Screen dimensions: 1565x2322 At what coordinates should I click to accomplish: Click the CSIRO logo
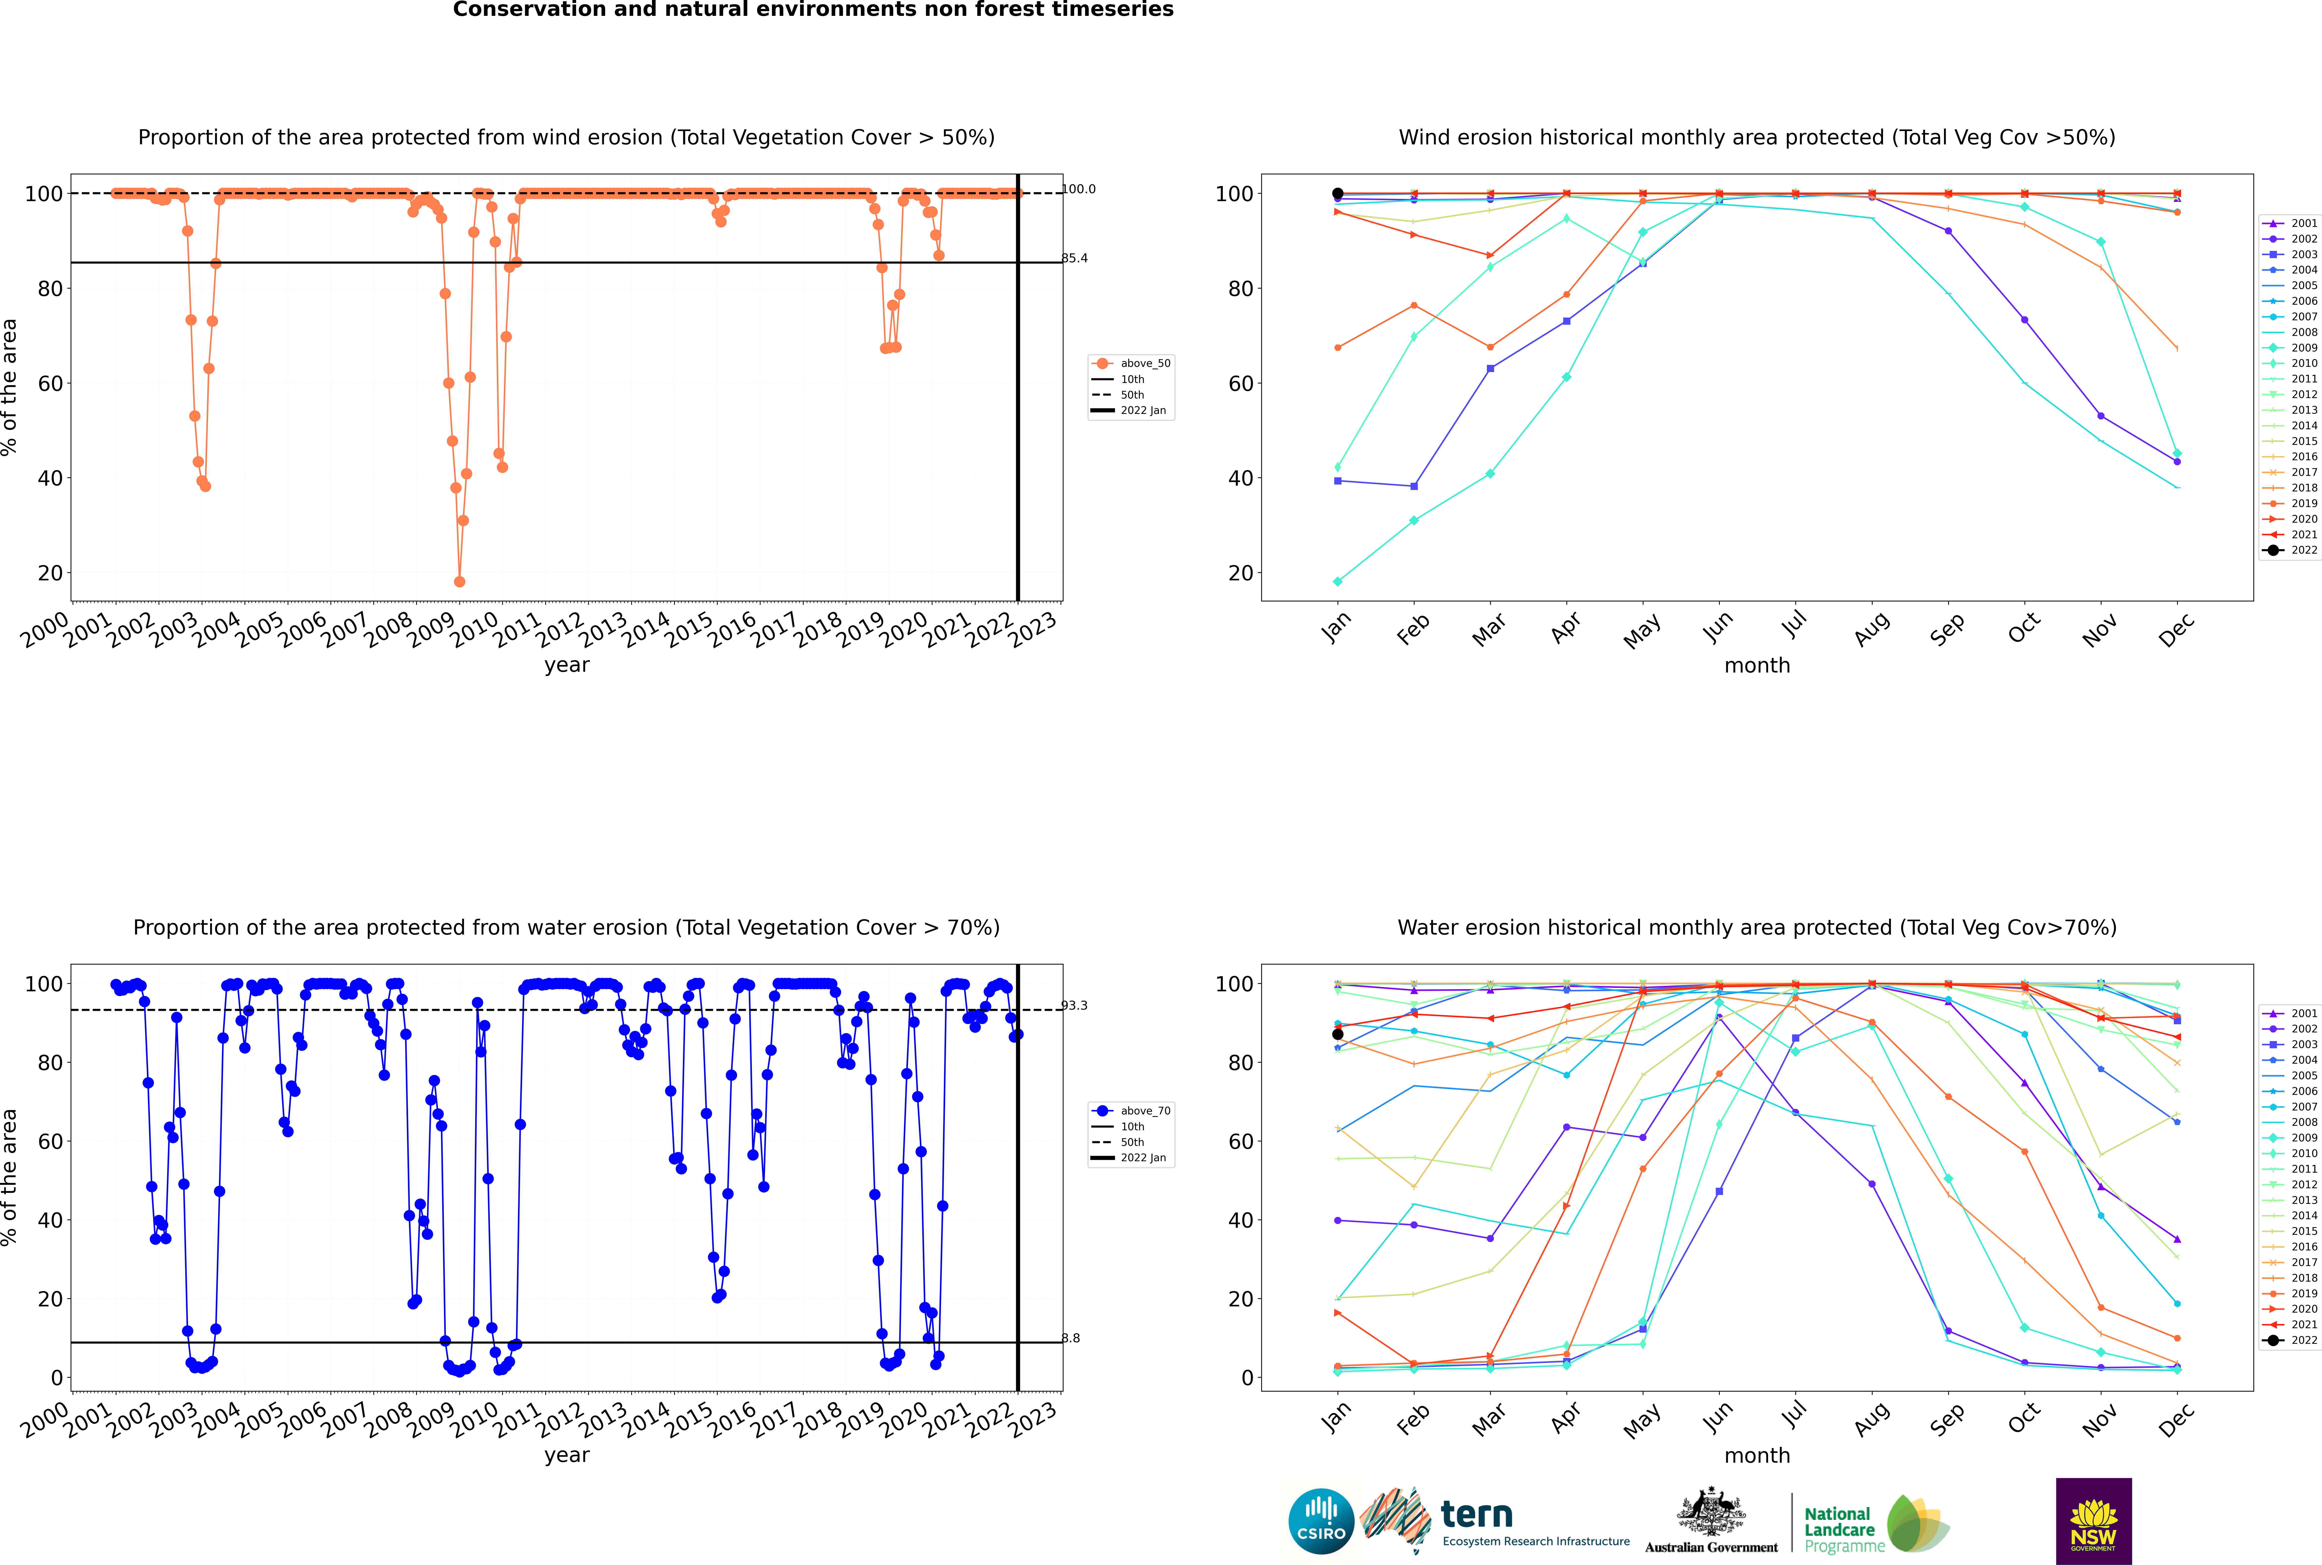[1321, 1521]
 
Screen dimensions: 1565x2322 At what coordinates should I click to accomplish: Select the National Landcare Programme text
[1839, 1529]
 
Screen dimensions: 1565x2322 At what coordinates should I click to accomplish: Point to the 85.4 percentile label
[1074, 259]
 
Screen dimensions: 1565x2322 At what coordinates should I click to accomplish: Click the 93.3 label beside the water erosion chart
[1074, 1006]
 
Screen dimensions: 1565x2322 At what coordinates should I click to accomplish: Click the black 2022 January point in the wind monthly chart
[1338, 194]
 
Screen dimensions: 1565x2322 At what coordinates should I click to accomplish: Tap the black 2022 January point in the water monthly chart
[1338, 1034]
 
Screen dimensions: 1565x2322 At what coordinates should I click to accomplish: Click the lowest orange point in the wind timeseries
[459, 582]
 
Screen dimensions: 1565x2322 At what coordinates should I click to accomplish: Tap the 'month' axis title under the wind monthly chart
[1757, 666]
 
